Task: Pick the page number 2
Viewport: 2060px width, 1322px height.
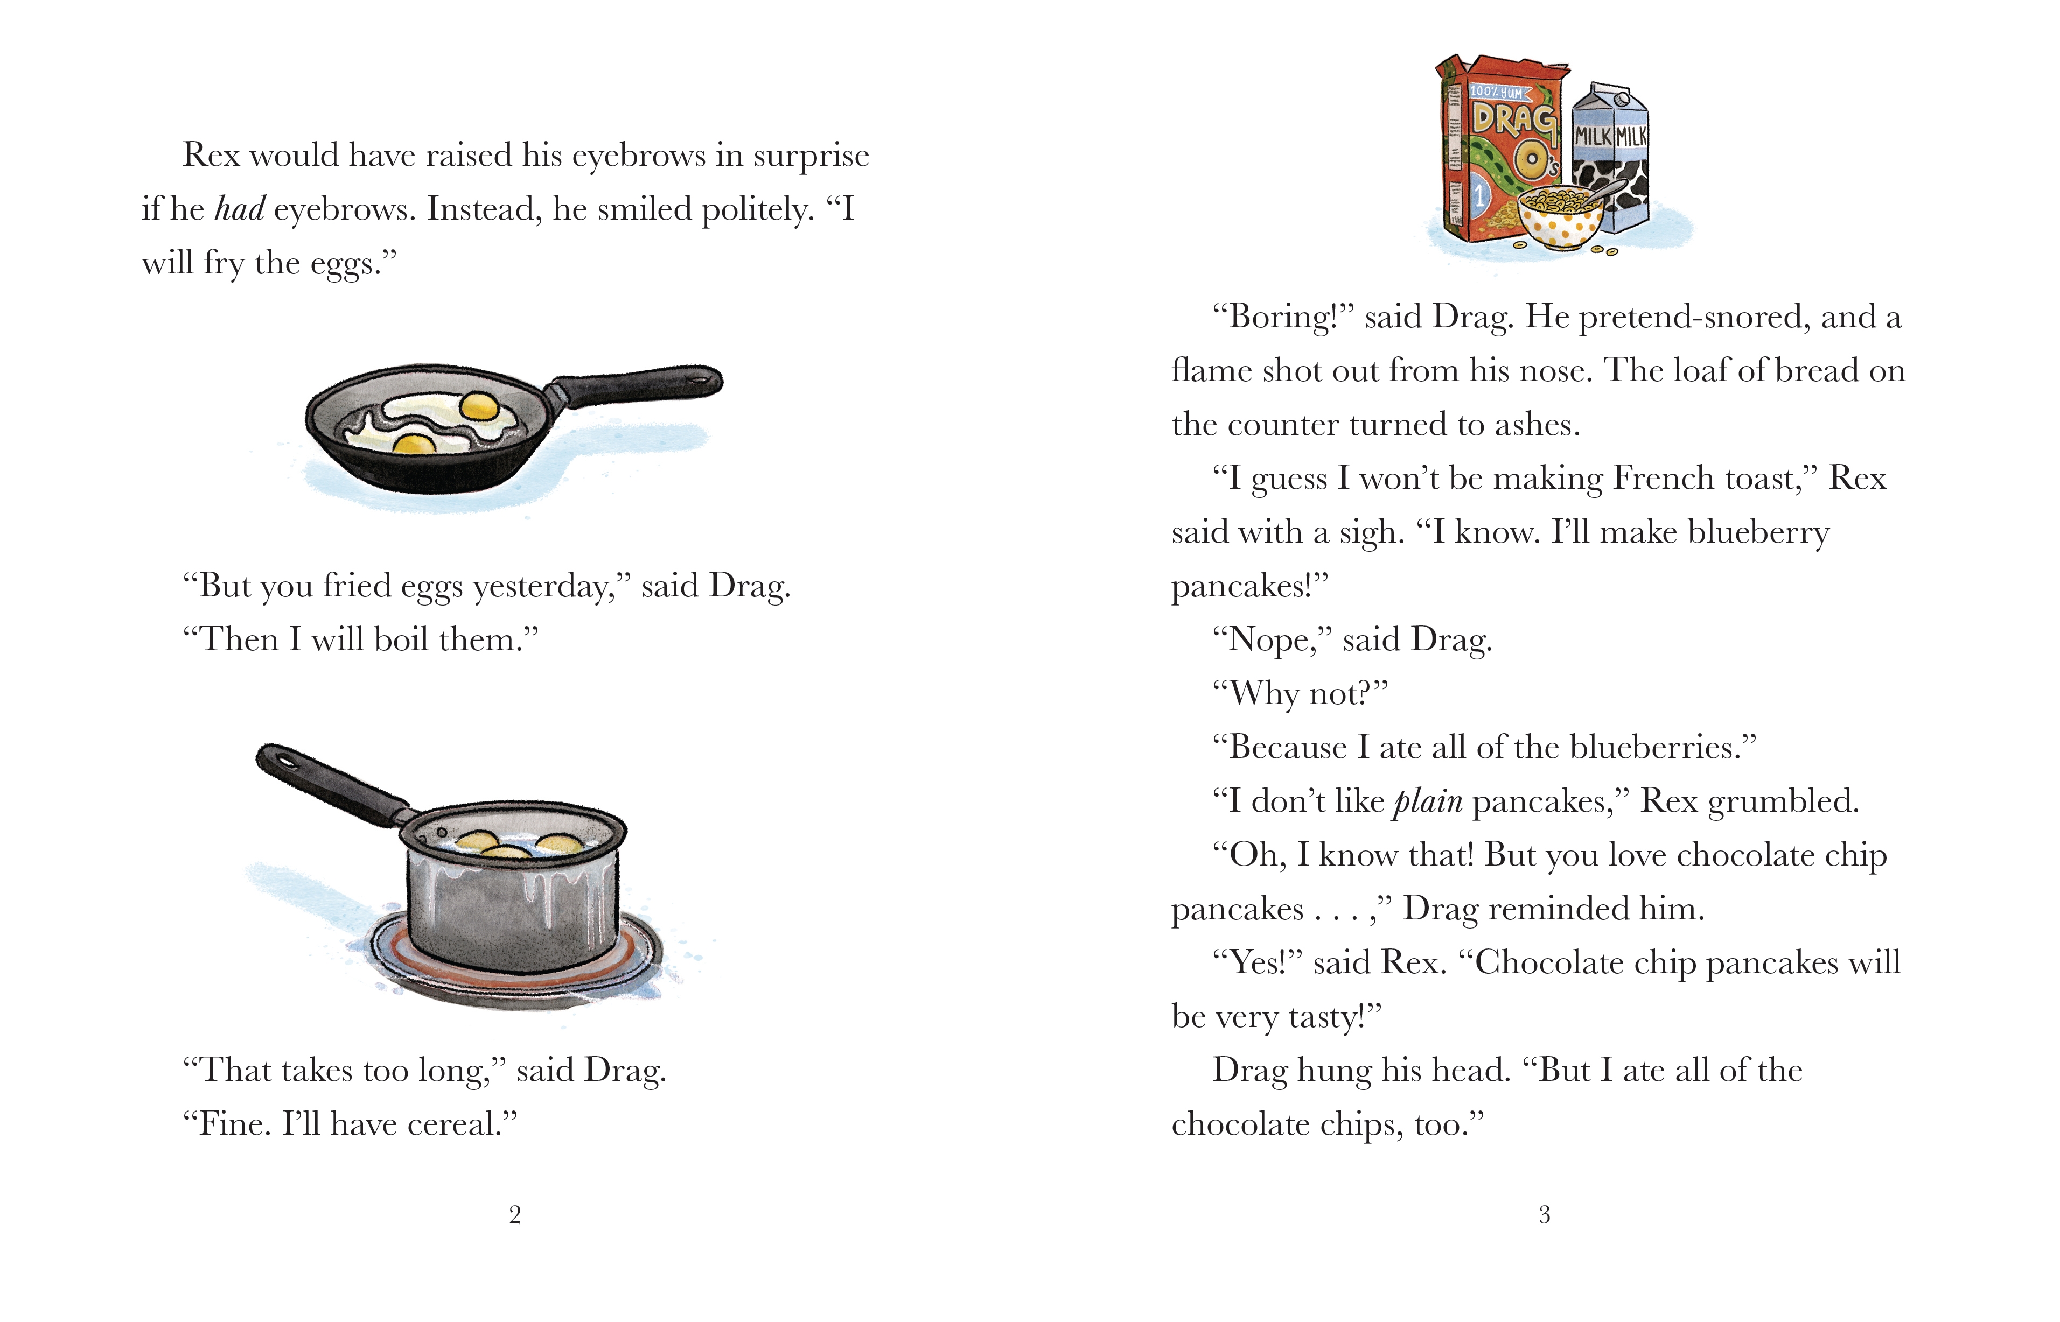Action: click(x=514, y=1215)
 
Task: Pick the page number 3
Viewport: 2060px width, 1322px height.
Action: click(x=1544, y=1215)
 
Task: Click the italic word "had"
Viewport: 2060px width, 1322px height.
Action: click(x=240, y=209)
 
